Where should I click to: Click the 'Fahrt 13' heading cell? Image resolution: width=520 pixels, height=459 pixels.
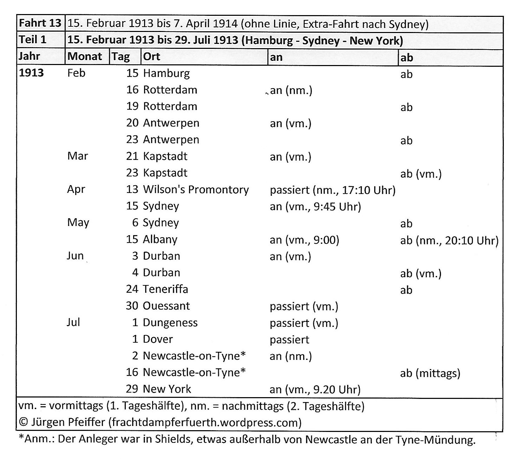click(x=40, y=23)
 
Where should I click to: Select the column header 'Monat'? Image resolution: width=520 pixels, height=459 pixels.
click(x=85, y=56)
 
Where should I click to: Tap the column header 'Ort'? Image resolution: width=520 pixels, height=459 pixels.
click(x=151, y=57)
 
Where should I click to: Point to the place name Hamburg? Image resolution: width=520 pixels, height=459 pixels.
click(x=166, y=73)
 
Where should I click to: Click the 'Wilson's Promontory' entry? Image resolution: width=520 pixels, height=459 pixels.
click(x=196, y=189)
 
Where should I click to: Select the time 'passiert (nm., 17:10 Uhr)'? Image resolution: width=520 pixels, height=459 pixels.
click(x=332, y=190)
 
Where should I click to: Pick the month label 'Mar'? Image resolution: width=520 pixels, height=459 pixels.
click(x=77, y=156)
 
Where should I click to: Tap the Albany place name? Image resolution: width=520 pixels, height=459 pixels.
click(x=160, y=239)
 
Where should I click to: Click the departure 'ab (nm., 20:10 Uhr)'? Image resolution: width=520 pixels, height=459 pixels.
click(x=449, y=240)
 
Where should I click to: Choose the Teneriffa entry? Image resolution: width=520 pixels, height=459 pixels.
click(x=165, y=289)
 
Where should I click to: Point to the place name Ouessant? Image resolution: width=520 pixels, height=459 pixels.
click(x=166, y=306)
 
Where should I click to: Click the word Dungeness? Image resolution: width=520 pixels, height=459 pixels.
click(x=170, y=323)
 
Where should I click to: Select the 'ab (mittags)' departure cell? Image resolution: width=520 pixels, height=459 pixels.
click(x=430, y=373)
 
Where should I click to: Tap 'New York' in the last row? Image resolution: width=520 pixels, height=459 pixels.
click(x=167, y=389)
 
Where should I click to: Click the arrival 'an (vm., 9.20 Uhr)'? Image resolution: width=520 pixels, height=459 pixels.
click(x=315, y=389)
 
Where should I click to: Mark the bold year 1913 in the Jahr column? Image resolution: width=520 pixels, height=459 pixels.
click(x=31, y=73)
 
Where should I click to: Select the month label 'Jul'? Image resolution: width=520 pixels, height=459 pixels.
click(x=73, y=322)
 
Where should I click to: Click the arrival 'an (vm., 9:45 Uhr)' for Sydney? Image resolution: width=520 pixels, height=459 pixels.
click(x=315, y=206)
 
